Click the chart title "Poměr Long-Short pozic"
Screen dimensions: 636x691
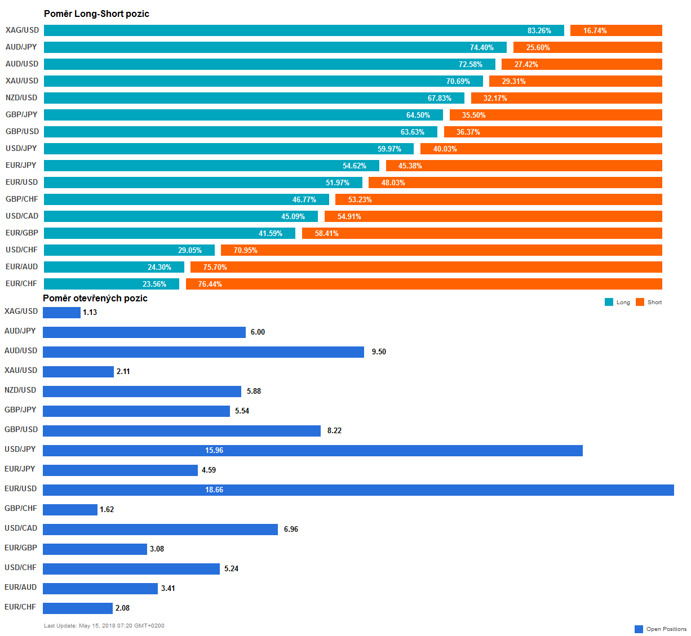click(x=96, y=14)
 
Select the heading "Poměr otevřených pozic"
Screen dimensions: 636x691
click(x=95, y=298)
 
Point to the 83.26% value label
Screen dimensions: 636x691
click(x=539, y=30)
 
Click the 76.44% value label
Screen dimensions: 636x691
click(x=210, y=284)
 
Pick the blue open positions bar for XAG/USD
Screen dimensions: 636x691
click(x=61, y=312)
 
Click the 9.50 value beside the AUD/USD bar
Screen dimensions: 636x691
click(x=379, y=352)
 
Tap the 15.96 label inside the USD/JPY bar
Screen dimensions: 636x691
click(x=214, y=450)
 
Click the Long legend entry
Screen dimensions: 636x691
click(x=618, y=302)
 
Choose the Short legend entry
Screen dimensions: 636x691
click(x=649, y=302)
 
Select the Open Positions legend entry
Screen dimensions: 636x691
click(x=661, y=629)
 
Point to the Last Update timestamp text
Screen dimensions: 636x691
click(x=104, y=625)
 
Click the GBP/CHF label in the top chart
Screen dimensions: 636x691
click(x=22, y=199)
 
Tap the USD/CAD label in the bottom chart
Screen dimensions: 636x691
click(x=21, y=528)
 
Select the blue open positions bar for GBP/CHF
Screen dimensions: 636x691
click(x=70, y=509)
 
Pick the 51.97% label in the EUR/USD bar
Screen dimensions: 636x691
click(x=338, y=183)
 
